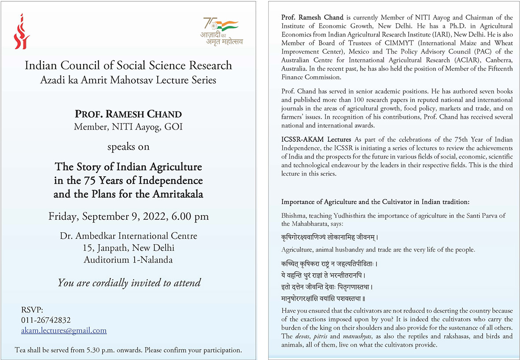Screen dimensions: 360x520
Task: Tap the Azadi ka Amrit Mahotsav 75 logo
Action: pos(220,31)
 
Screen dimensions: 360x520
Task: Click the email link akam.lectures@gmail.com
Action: pos(64,330)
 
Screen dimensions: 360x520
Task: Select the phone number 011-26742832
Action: pos(46,320)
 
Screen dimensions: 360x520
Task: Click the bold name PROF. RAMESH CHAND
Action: pos(128,114)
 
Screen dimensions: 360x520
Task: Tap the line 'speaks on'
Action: pos(129,146)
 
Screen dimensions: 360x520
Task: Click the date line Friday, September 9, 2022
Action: pos(129,216)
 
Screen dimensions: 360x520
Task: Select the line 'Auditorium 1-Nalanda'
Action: pos(128,260)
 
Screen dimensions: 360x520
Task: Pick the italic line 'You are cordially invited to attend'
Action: pos(129,282)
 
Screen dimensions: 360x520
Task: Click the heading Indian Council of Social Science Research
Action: pos(128,66)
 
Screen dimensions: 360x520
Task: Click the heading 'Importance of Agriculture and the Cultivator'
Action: pos(376,202)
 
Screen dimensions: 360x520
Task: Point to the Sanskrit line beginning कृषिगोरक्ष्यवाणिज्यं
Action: pos(330,237)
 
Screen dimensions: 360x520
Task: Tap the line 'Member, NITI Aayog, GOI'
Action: pos(128,127)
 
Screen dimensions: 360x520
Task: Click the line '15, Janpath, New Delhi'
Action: pos(129,248)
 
